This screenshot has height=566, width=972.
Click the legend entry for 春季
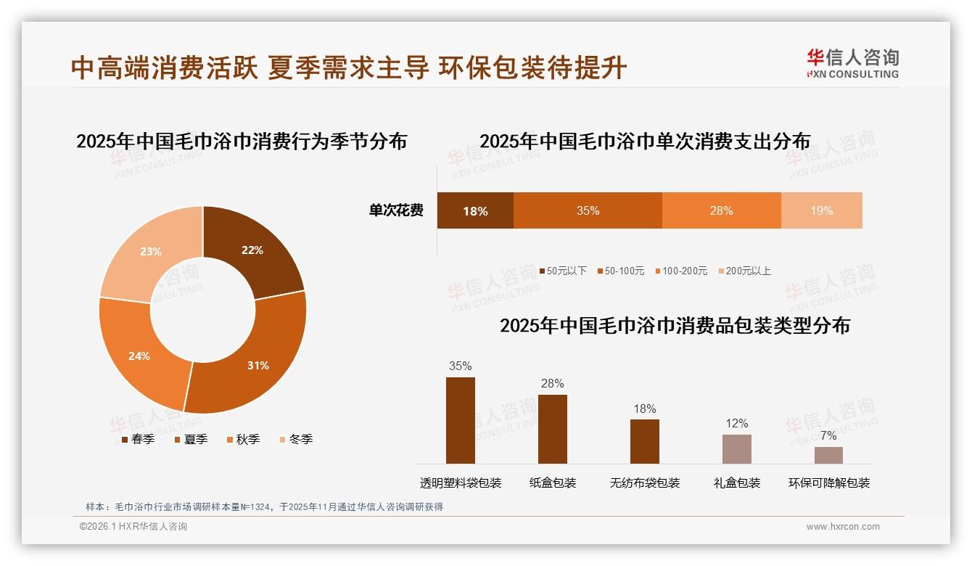tap(138, 439)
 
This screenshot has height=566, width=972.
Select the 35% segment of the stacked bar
tap(588, 210)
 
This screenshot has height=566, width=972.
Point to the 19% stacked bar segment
tap(821, 210)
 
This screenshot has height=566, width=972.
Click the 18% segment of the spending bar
tap(475, 210)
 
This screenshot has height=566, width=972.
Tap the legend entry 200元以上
tap(744, 271)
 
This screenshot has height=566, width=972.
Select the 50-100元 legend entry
tap(621, 271)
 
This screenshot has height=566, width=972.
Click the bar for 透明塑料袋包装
tap(461, 420)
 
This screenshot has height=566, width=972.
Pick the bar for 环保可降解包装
tap(828, 455)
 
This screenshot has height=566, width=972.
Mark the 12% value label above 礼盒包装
tap(737, 424)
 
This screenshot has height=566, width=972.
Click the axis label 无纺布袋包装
tap(645, 483)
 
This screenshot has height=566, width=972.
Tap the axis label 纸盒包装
tap(553, 483)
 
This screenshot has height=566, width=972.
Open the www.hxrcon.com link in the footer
tap(843, 527)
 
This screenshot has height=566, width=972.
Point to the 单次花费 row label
tap(396, 210)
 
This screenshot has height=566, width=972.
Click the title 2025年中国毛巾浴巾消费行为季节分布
tap(242, 141)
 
